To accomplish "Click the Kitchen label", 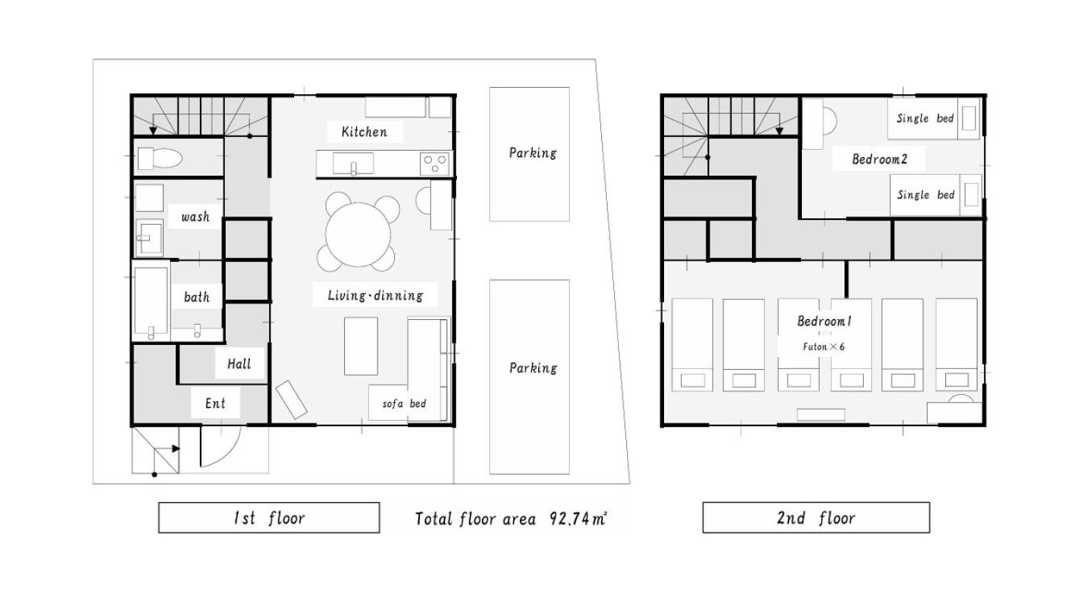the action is point(364,132).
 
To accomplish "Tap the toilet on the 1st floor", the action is point(160,158).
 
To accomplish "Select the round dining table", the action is point(358,234).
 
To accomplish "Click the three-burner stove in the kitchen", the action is point(434,164).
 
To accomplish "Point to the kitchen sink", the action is point(353,164).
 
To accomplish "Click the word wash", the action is point(196,217).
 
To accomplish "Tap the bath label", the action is point(197,297).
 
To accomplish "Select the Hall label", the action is point(239,364).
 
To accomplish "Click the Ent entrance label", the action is point(215,404).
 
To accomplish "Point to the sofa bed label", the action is point(404,404).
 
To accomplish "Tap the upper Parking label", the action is point(533,153).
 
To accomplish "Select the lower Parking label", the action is point(533,368).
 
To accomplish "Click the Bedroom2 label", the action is point(879,160).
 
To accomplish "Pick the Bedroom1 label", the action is point(824,322).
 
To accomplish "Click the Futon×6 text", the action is point(824,346).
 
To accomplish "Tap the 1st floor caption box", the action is point(269,517).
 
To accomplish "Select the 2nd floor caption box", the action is point(816,517).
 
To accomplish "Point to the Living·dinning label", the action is point(376,296).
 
